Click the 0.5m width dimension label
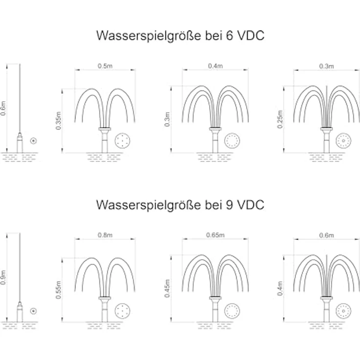[x=105, y=66]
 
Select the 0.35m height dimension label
[x=59, y=121]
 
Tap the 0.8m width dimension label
[x=105, y=235]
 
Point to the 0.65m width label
[x=215, y=235]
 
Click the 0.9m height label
[x=3, y=277]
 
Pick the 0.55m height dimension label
[x=59, y=290]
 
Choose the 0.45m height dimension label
[x=167, y=289]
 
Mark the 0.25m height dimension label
[x=280, y=119]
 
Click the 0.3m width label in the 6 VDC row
[x=326, y=66]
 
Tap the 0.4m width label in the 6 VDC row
[x=215, y=66]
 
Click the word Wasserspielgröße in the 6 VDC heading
[x=149, y=36]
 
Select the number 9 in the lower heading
[x=229, y=204]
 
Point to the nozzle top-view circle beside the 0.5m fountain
[x=122, y=140]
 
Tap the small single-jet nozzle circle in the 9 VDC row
[x=34, y=311]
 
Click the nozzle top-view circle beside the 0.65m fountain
[x=232, y=311]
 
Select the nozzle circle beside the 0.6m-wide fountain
[x=343, y=311]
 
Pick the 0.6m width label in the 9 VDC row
[x=326, y=235]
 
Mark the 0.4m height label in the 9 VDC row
[x=280, y=289]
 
